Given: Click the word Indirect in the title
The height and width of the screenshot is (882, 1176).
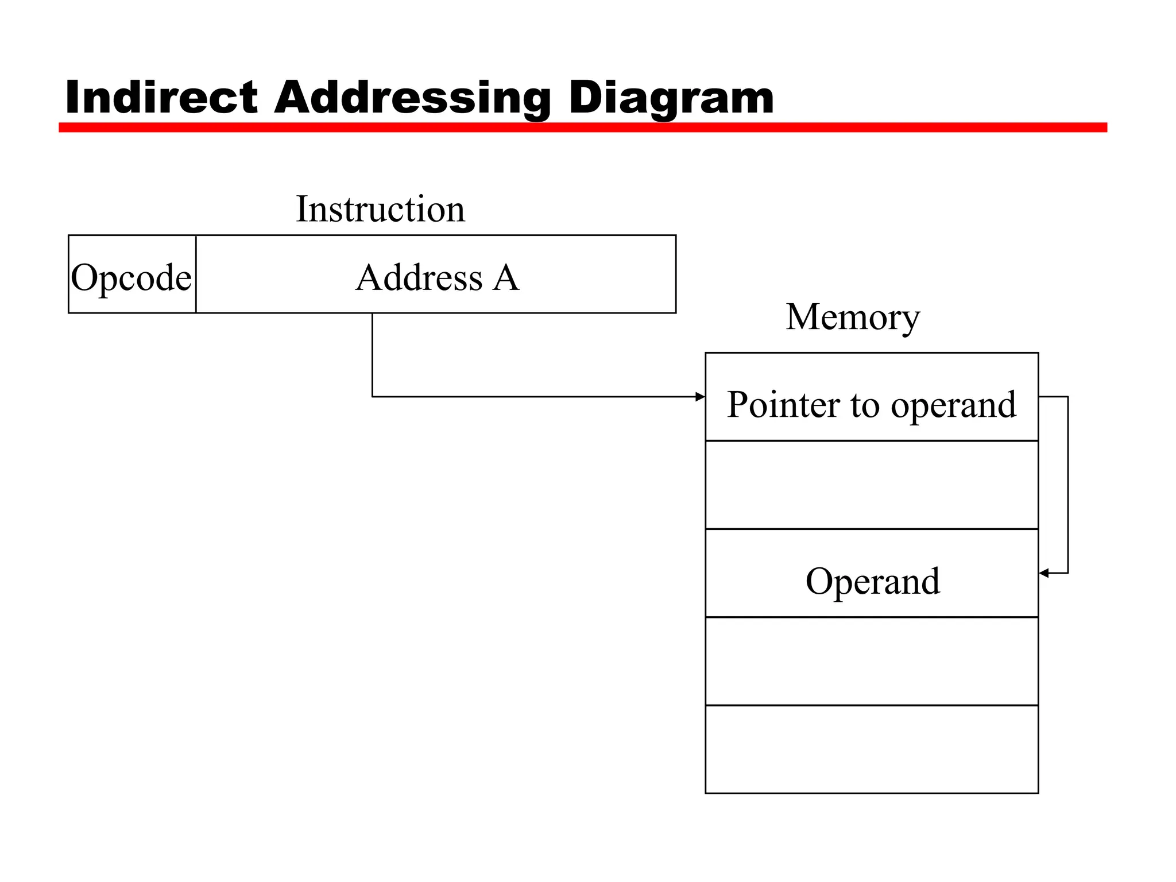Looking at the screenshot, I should click(x=161, y=97).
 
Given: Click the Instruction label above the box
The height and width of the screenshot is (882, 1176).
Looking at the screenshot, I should click(x=380, y=209).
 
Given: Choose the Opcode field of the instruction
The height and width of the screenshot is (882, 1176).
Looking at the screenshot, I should click(x=131, y=277).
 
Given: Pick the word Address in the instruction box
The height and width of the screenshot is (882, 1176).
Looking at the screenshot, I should click(x=419, y=277).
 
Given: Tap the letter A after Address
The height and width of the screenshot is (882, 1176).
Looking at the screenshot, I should click(x=506, y=277).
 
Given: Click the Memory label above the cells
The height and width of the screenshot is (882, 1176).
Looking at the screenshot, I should click(x=853, y=317).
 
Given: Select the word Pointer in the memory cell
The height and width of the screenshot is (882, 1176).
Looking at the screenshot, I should click(x=784, y=404).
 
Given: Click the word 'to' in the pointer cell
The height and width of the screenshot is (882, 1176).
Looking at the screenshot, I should click(x=865, y=405).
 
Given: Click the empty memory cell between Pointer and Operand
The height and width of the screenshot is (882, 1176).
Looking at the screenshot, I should click(x=872, y=485).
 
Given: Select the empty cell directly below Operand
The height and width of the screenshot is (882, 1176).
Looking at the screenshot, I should click(x=872, y=661).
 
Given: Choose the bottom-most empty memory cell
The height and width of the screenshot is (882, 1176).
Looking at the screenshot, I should click(x=872, y=750).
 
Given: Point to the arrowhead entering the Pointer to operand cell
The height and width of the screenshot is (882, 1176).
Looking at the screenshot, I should click(x=700, y=397).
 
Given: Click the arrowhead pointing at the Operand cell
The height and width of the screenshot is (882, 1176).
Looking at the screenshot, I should click(x=1045, y=573).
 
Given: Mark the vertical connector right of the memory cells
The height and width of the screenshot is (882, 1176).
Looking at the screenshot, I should click(x=1068, y=485).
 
